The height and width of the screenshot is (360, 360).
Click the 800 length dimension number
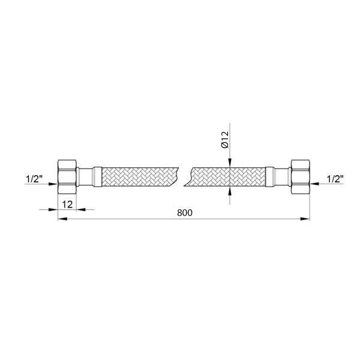185,213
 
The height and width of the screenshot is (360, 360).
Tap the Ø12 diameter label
225,140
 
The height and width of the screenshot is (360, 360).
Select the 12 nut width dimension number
67,204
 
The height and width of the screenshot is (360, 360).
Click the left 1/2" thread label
34,179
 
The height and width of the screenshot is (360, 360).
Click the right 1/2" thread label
335,179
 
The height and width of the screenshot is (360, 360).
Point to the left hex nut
67,177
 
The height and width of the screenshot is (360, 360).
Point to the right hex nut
301,177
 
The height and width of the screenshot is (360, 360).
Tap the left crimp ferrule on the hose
97,177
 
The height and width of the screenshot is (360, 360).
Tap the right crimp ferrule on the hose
270,177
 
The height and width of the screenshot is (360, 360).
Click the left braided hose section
140,177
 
